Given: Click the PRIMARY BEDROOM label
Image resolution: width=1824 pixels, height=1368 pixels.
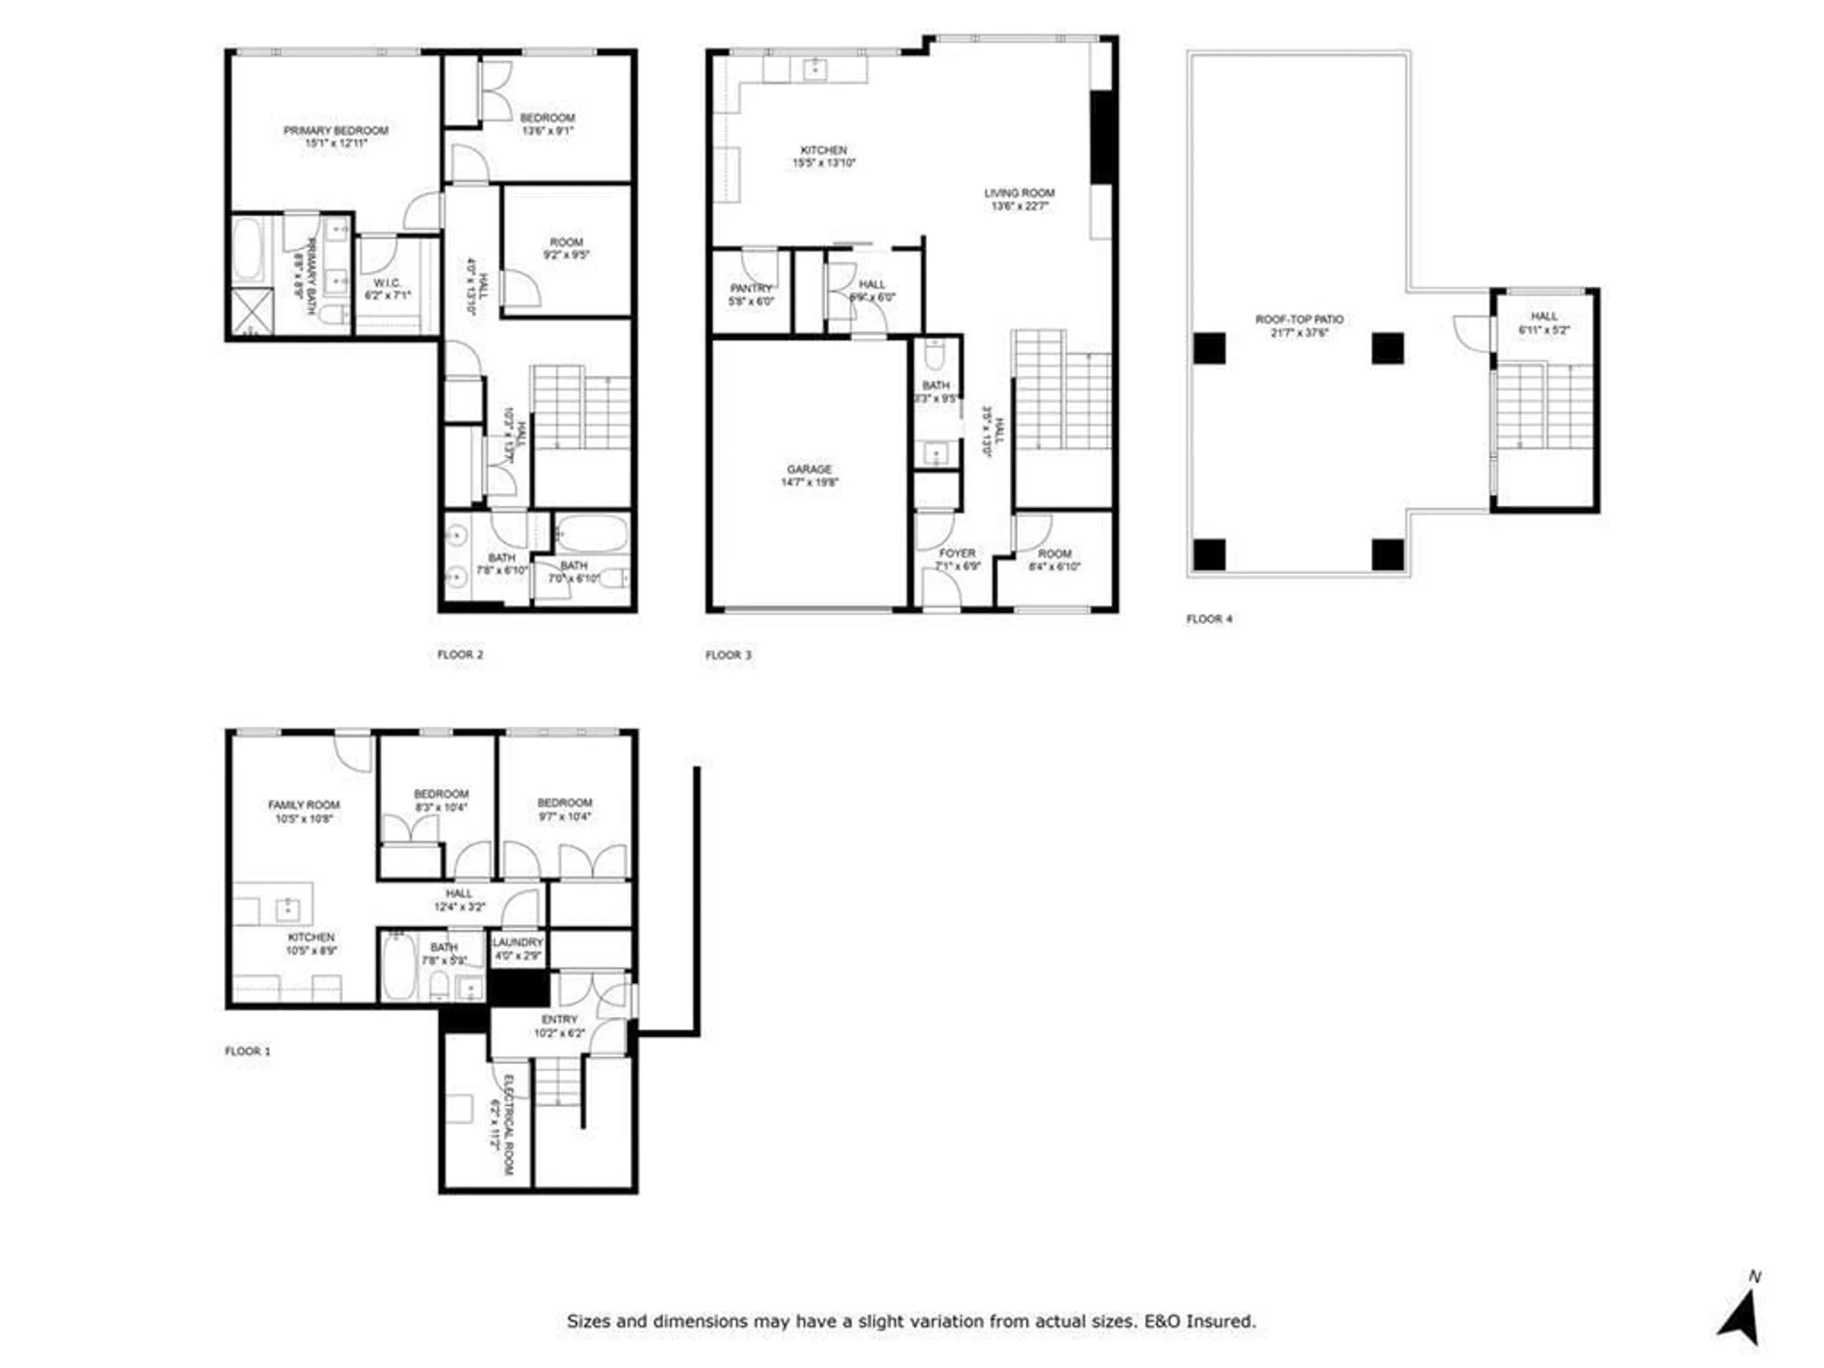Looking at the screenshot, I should tap(336, 130).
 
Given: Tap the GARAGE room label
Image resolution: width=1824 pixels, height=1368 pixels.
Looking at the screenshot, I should tap(809, 469).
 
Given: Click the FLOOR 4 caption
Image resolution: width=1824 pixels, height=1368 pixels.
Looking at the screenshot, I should tap(1209, 618).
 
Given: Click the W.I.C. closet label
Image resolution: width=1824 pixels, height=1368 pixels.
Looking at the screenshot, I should tap(387, 283).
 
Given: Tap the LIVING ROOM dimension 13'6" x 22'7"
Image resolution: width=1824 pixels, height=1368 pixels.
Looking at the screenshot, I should tap(1019, 206).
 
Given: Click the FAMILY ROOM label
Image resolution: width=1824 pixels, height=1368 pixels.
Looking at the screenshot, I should tap(304, 805).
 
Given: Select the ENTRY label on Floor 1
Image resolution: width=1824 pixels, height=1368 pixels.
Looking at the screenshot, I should tap(559, 1019).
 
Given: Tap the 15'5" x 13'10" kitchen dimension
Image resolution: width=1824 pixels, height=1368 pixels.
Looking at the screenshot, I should tap(824, 163).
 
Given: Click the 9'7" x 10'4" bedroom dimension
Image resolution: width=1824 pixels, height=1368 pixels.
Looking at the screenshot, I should tap(565, 817).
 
